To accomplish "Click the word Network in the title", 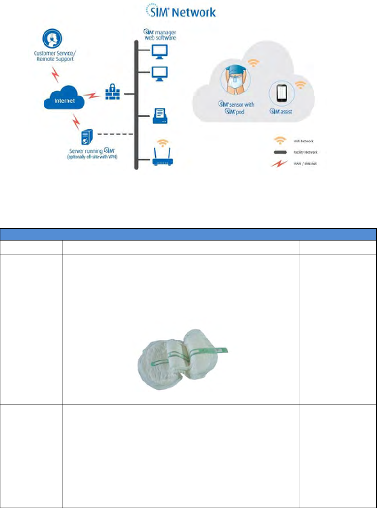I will (x=194, y=12).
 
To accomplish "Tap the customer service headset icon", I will (x=52, y=38).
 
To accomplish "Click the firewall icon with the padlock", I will (x=112, y=92).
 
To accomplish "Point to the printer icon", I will (x=160, y=116).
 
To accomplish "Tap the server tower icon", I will (x=87, y=137).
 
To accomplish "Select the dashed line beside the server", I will (x=115, y=134).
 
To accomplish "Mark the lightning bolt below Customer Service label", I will (x=56, y=74).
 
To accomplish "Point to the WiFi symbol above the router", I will (x=162, y=143).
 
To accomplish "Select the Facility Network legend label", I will (x=305, y=152).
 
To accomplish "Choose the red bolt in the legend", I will (x=279, y=164).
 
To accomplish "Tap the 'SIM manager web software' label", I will (x=160, y=35).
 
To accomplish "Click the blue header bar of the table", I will (x=188, y=234).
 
